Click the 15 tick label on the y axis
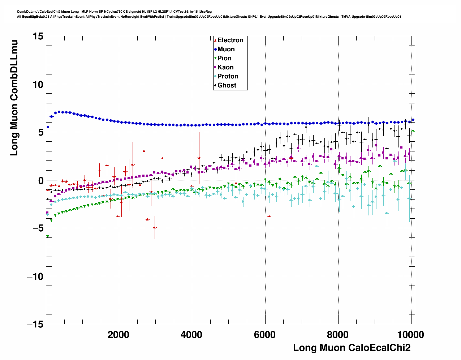point(37,37)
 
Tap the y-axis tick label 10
point(37,85)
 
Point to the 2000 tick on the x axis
point(119,335)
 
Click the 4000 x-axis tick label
point(191,335)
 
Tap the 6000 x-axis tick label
point(265,335)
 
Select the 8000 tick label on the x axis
point(338,335)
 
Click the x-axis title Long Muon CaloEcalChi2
point(352,348)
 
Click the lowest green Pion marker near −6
point(47,237)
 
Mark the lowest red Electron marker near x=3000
point(155,228)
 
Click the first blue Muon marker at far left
point(48,127)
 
